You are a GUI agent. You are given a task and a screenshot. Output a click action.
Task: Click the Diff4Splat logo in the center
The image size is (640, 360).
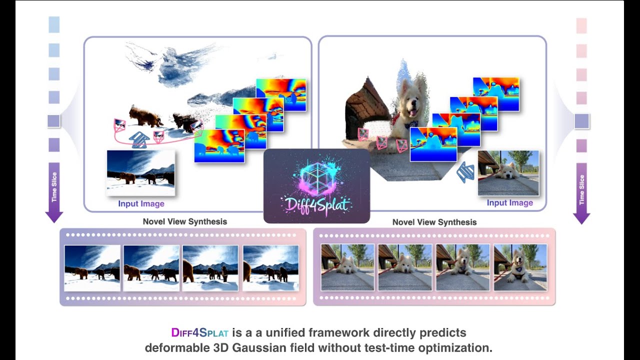[x=316, y=186]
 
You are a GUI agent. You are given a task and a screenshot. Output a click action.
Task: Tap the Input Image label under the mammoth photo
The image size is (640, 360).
[x=141, y=203]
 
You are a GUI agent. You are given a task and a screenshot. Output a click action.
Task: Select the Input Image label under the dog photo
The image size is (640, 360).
[x=509, y=202]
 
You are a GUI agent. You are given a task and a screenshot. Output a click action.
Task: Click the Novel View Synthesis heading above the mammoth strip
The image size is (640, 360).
[x=184, y=221]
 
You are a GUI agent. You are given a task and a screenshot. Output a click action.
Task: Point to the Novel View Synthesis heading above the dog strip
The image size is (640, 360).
[x=434, y=222]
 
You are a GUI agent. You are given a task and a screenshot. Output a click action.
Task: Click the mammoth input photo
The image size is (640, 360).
[x=140, y=172]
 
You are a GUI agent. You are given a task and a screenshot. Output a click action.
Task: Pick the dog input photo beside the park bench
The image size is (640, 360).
[x=508, y=172]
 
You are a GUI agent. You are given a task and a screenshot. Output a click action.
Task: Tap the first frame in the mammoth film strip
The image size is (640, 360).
[x=92, y=268]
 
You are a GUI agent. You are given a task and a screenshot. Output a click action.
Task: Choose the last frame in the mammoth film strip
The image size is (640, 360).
[x=270, y=268]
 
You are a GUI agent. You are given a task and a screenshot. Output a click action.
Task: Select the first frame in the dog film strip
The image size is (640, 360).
[x=347, y=267]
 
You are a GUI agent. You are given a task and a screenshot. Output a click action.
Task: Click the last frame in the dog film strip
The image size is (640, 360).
[x=520, y=267]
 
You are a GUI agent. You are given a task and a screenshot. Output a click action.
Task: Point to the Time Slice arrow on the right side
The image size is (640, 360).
[x=581, y=192]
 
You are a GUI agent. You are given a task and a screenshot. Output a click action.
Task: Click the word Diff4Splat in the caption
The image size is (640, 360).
[x=199, y=333]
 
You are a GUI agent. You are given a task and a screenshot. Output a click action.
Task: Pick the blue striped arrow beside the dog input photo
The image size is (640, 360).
[x=466, y=172]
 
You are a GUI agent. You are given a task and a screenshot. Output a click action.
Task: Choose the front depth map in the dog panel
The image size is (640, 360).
[x=433, y=144]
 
